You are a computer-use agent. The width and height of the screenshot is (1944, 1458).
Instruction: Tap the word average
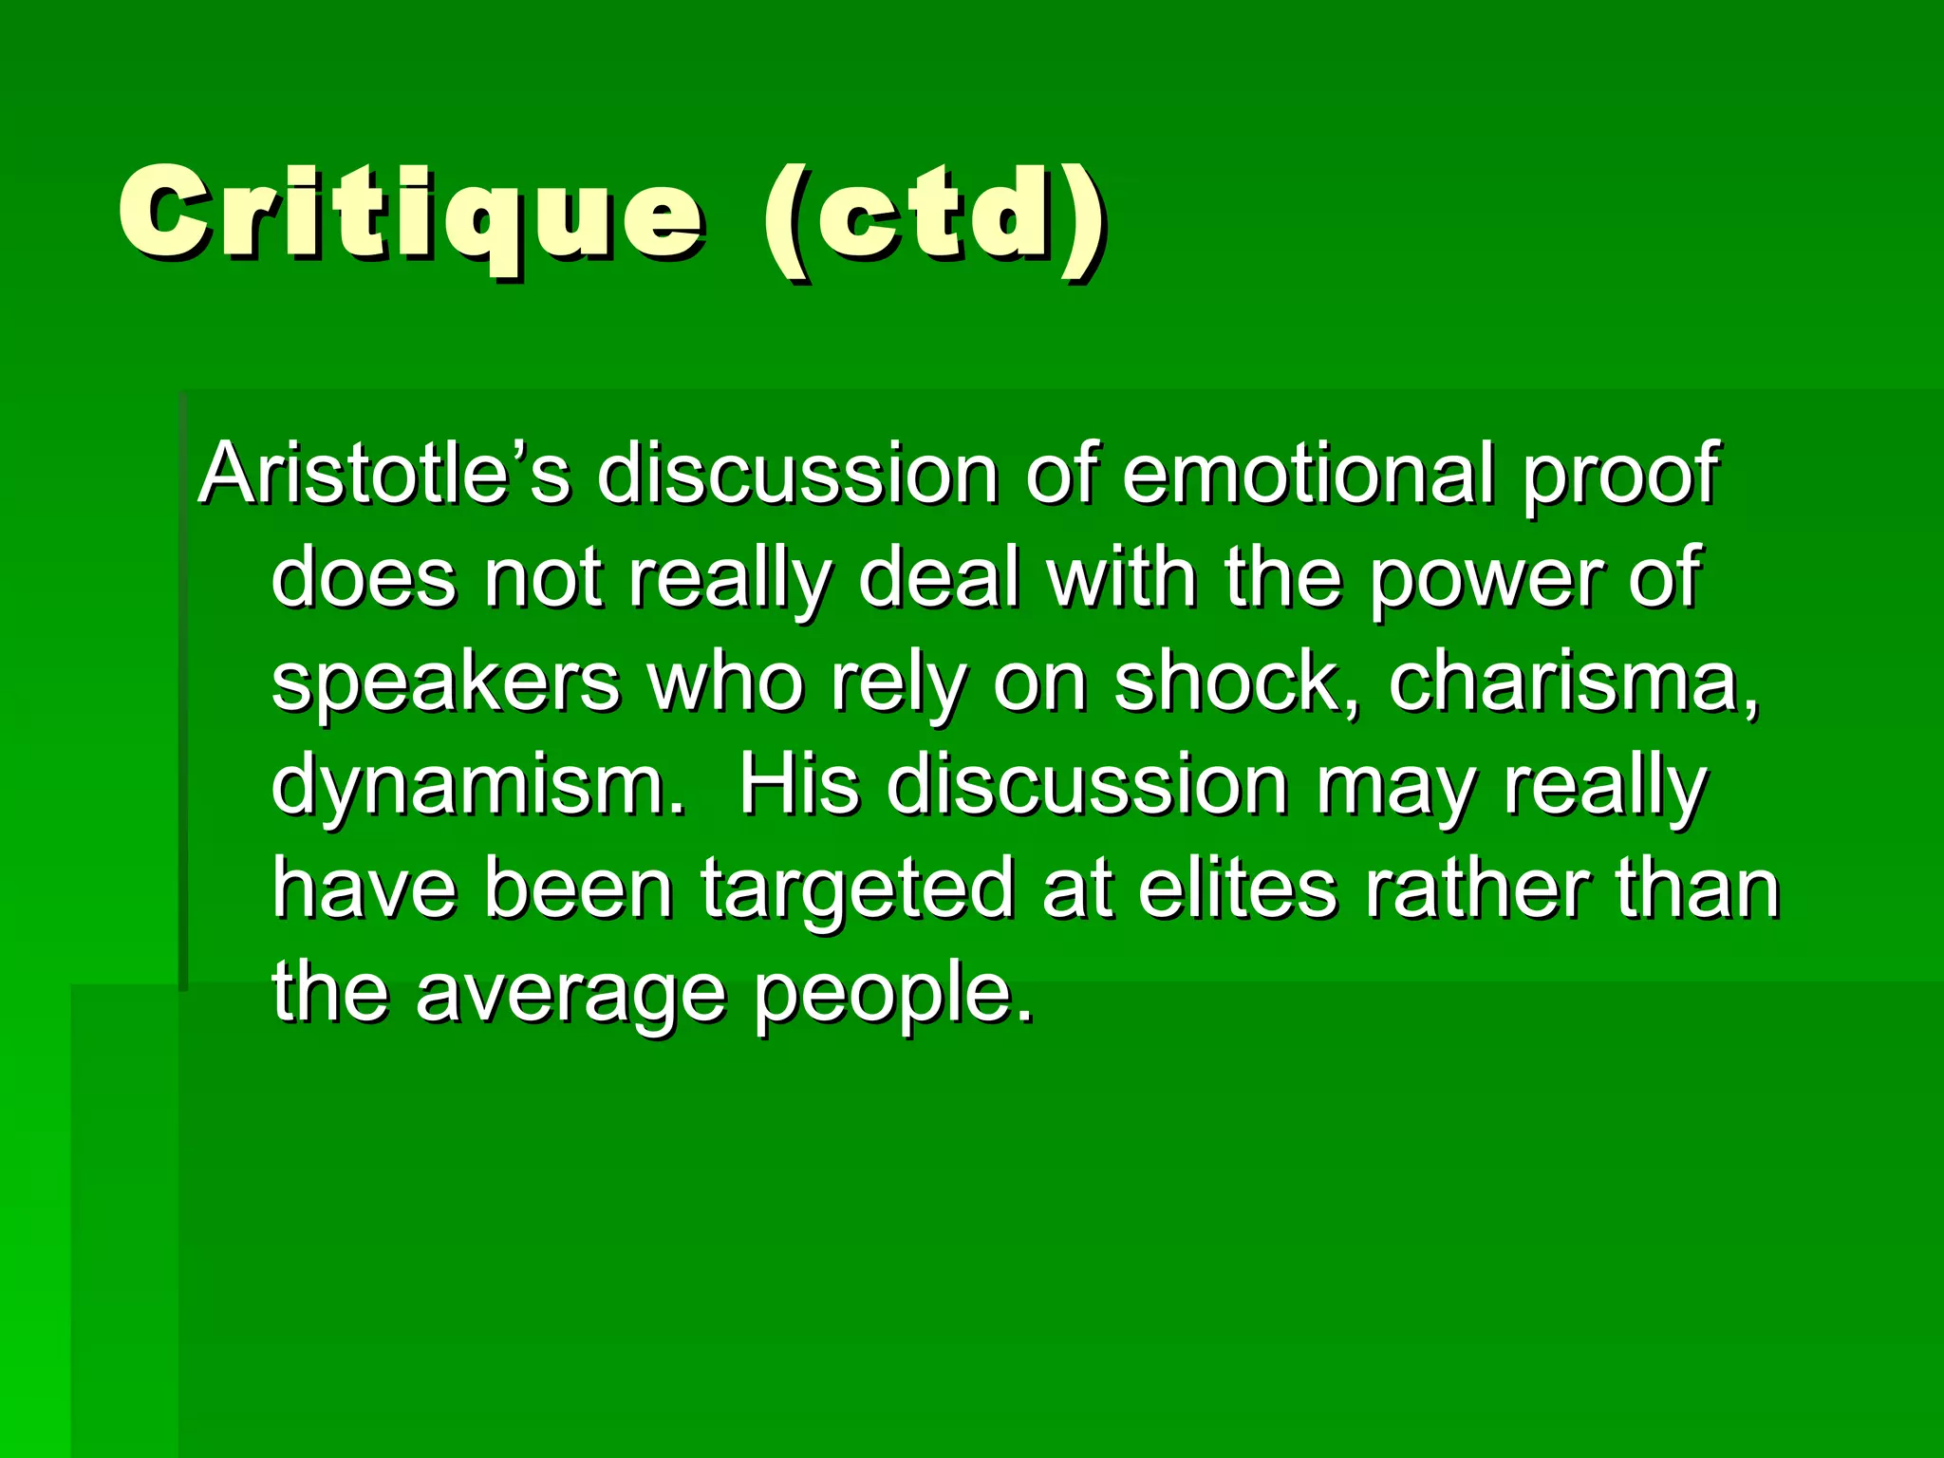[x=570, y=997]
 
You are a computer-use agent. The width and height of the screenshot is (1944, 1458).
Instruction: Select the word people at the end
[x=892, y=997]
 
